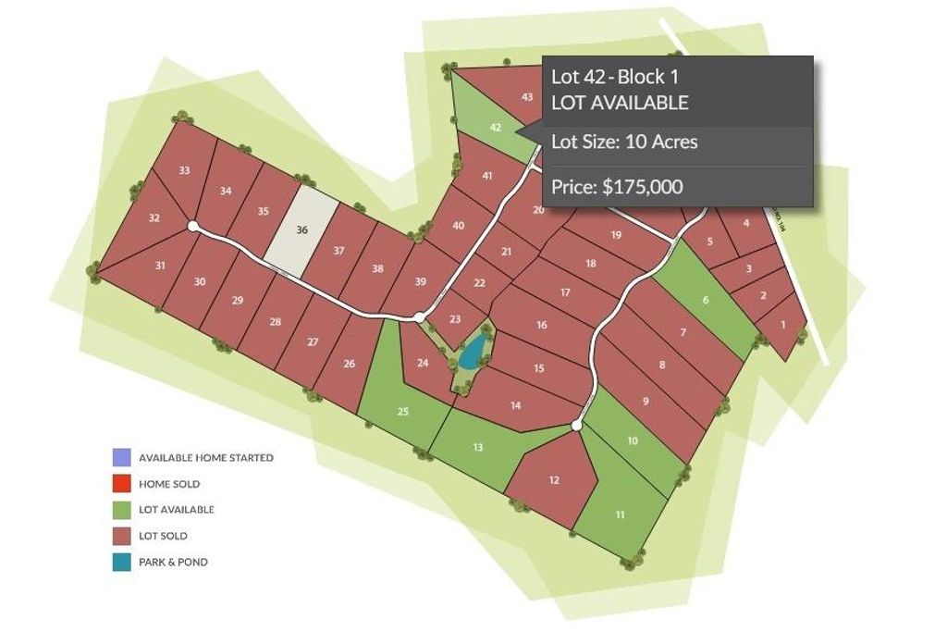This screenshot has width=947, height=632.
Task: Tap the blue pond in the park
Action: point(473,352)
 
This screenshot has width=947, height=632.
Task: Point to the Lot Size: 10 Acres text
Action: point(624,142)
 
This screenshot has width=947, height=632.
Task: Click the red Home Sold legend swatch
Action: point(121,483)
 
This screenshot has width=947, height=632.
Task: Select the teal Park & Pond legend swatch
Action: point(121,562)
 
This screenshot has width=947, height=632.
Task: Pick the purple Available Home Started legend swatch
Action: point(121,457)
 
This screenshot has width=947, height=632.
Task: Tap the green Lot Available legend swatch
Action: point(121,509)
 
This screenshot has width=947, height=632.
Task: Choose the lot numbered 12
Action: point(554,479)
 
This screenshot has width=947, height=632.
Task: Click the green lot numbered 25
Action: point(402,410)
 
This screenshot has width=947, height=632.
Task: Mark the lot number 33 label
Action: point(184,170)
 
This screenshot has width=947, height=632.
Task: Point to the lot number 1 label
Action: point(783,324)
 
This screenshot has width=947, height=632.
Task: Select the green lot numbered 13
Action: point(477,447)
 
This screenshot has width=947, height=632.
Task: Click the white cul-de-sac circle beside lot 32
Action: point(193,226)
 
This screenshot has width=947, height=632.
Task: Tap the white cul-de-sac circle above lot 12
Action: point(577,426)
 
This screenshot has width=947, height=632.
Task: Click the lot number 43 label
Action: point(527,96)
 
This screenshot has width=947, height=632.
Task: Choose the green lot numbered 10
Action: point(633,440)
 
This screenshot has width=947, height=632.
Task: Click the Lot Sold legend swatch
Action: point(121,536)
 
